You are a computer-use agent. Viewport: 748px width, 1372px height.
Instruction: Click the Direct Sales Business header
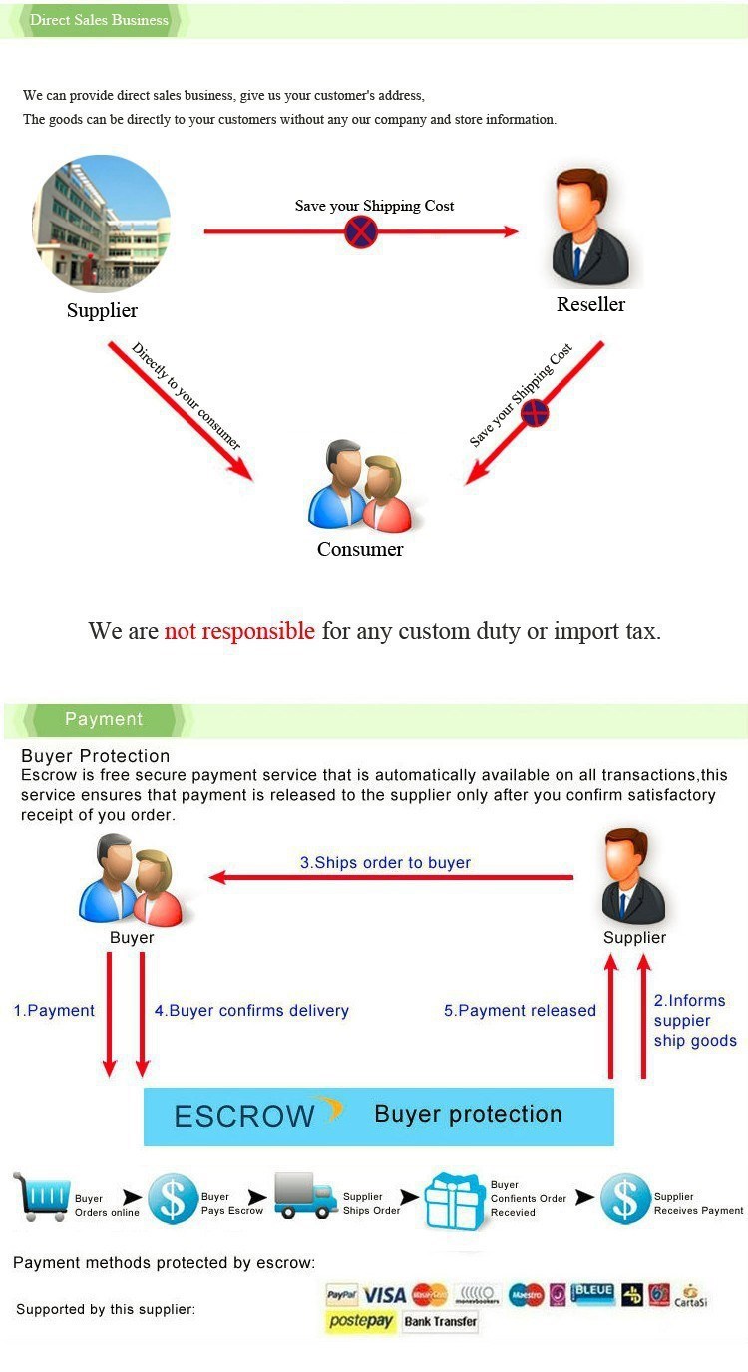(99, 20)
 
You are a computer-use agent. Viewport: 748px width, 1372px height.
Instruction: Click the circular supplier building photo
(101, 224)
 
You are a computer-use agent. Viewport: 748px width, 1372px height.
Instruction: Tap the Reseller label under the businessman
(590, 304)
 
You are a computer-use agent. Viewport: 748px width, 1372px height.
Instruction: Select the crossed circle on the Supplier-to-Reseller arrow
(361, 232)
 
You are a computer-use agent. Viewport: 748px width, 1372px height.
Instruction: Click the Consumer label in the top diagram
(360, 549)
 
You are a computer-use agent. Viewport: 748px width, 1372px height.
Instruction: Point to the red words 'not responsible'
(239, 631)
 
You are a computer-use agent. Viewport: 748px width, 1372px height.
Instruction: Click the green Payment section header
(104, 719)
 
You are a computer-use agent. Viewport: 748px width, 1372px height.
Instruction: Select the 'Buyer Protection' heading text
(96, 755)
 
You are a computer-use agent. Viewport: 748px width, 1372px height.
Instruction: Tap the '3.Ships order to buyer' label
(385, 862)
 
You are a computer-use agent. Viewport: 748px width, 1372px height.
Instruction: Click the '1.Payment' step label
(54, 1010)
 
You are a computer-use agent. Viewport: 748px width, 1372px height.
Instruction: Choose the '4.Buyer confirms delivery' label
(251, 1010)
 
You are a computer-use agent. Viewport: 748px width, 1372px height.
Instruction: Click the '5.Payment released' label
(520, 1010)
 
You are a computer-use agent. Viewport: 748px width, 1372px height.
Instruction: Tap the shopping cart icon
(42, 1196)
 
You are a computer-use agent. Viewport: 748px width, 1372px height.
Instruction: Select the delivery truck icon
(305, 1195)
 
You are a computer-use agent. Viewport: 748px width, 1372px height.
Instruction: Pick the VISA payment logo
(384, 1295)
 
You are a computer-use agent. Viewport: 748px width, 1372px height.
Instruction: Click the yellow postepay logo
(361, 1322)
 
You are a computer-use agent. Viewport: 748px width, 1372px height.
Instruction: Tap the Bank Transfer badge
(441, 1322)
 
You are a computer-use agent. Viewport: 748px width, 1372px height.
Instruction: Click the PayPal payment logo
(342, 1295)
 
